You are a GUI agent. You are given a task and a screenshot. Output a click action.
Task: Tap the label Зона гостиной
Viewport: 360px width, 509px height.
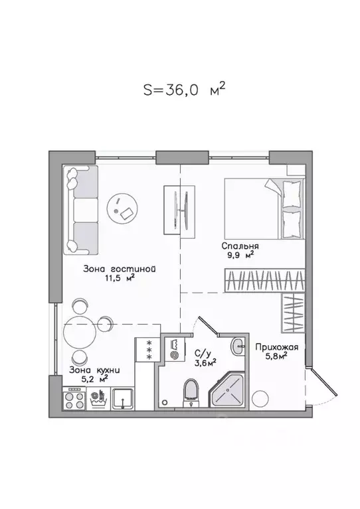coord(120,269)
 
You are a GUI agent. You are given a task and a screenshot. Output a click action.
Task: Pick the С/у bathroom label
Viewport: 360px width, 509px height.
coord(203,353)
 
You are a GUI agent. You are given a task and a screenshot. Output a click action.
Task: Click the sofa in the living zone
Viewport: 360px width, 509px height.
coord(82,209)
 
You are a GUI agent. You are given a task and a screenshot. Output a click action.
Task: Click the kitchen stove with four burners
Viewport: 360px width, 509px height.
coord(72,400)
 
